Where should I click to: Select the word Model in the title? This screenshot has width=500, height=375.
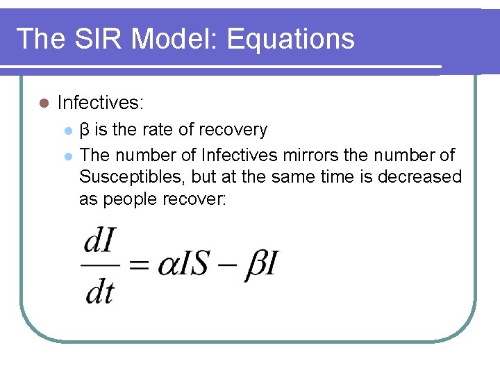pos(177,39)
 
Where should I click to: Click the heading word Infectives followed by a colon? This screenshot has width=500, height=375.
pos(99,103)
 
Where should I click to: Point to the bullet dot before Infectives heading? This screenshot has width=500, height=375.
pos(43,103)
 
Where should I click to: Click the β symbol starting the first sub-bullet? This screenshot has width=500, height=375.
pos(85,130)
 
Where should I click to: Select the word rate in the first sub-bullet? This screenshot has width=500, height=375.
pos(162,130)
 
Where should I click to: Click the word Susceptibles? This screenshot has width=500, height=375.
pos(130,176)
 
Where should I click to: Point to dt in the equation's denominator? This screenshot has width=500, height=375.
pos(99,292)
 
